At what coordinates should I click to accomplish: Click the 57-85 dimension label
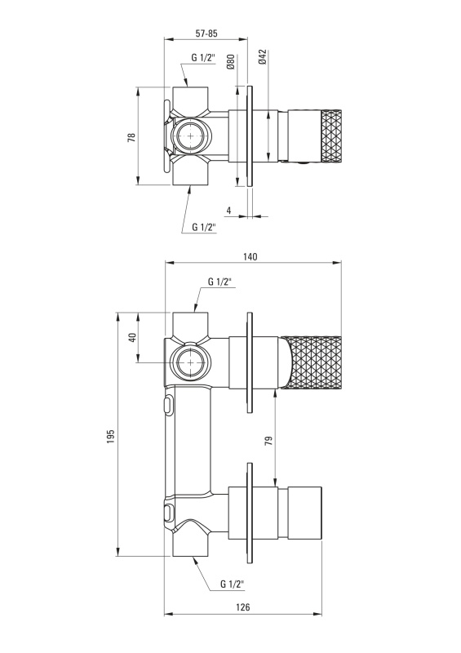click(206, 33)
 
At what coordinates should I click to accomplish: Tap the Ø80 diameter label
click(231, 61)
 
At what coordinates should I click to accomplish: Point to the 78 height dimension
click(131, 137)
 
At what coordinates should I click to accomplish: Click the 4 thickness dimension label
click(228, 211)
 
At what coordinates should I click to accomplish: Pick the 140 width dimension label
click(250, 256)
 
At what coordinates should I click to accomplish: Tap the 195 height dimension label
click(110, 437)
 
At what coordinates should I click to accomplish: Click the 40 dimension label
click(132, 337)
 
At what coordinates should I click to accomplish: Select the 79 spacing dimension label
click(268, 441)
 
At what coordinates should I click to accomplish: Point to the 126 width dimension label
click(243, 607)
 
